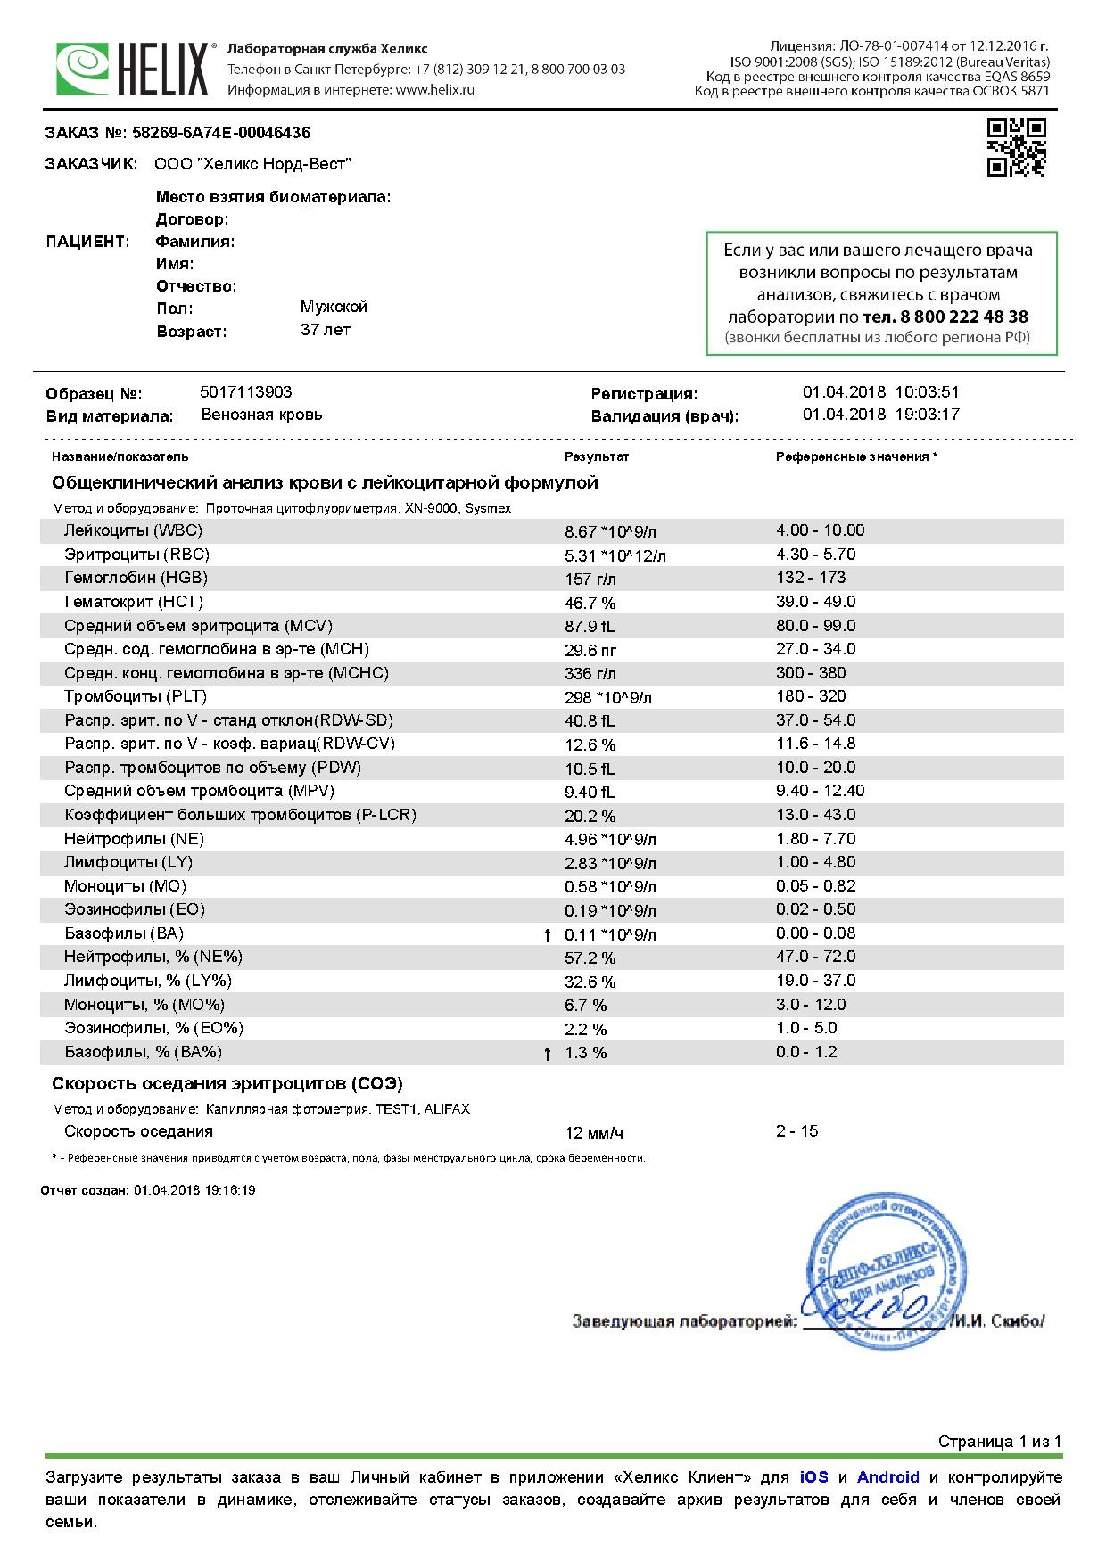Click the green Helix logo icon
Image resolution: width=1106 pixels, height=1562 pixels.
pyautogui.click(x=83, y=69)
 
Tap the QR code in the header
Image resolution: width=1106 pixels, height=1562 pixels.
pyautogui.click(x=1016, y=147)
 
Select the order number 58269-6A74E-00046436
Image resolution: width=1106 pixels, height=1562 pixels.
pyautogui.click(x=221, y=133)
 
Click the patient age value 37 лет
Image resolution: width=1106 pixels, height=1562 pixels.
pyautogui.click(x=326, y=330)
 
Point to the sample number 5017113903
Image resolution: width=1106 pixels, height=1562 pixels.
pyautogui.click(x=246, y=392)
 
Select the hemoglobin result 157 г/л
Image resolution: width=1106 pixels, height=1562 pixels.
pyautogui.click(x=590, y=579)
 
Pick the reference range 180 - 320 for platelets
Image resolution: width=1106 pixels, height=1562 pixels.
pyautogui.click(x=811, y=696)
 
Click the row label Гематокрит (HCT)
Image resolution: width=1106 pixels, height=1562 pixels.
pyautogui.click(x=127, y=602)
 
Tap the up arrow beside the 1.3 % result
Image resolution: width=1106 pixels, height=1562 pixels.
pyautogui.click(x=548, y=1054)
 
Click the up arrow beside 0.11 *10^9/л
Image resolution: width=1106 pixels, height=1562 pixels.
pyautogui.click(x=548, y=935)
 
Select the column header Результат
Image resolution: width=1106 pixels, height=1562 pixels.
pyautogui.click(x=596, y=456)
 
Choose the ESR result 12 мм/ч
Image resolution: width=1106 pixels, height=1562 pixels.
pyautogui.click(x=594, y=1133)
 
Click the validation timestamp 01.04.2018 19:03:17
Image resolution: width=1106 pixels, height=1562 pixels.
pyautogui.click(x=880, y=415)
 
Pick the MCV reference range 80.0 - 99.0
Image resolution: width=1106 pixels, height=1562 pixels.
pyautogui.click(x=815, y=626)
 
